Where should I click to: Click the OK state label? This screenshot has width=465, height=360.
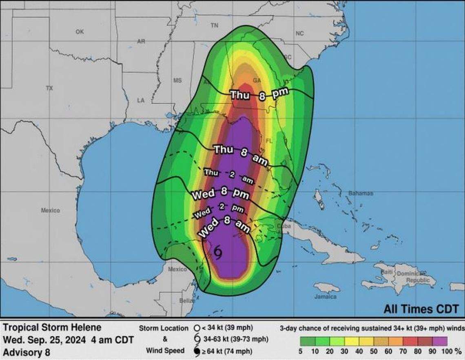pos(79,32)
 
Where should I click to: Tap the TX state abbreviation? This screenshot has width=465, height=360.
pos(49,88)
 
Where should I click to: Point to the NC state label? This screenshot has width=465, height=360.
pos(299,33)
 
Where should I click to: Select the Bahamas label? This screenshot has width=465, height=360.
pos(361,193)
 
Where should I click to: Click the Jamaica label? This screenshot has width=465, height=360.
pos(325,296)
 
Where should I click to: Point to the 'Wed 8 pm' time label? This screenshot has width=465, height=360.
pos(220,194)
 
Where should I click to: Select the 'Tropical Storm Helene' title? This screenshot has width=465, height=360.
pos(52,327)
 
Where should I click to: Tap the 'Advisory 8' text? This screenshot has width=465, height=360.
pos(27,352)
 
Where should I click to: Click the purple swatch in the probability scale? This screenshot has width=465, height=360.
pos(439,341)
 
